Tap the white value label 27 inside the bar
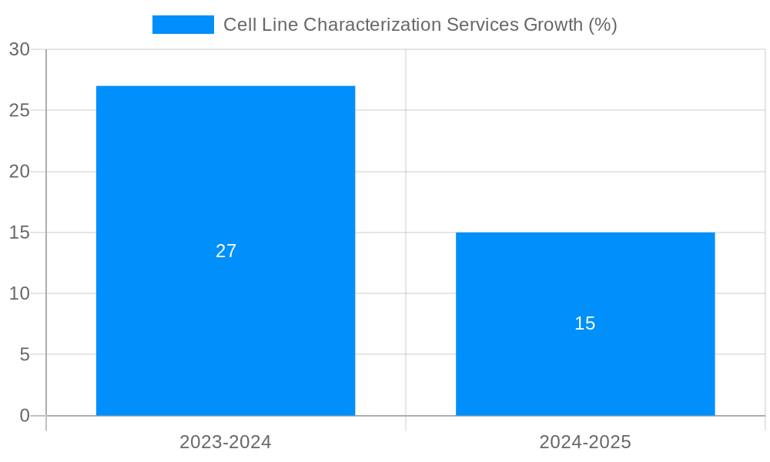point(226,251)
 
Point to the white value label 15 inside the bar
point(585,323)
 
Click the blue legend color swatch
point(183,25)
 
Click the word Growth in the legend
point(553,25)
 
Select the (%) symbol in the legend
point(603,25)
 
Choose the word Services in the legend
point(482,25)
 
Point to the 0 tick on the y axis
point(24,416)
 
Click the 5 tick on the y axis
point(24,355)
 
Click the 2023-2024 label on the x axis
point(226,442)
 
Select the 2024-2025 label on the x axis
point(585,442)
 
